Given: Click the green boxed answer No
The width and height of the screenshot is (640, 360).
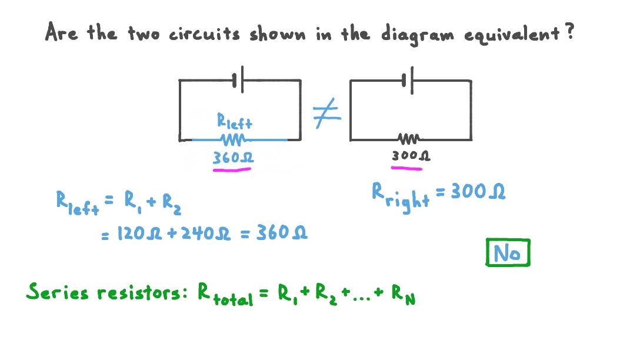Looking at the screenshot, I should pos(508,253).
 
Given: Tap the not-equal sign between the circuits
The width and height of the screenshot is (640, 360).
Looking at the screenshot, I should pos(326,115).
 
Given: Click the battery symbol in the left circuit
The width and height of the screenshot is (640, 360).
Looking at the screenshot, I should pos(238,81).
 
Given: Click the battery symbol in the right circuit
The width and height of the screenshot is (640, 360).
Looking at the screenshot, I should pos(407,80).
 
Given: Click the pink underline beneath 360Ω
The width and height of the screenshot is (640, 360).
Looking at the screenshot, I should pos(232,170).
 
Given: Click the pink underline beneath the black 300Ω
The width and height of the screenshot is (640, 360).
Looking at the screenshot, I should pos(407,168).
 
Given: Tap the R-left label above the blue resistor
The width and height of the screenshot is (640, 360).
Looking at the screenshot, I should pos(234,122).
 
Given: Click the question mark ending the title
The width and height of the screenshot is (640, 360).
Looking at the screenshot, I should pos(568,32).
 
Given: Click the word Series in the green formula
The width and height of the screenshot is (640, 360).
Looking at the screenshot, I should pos(57,292).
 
